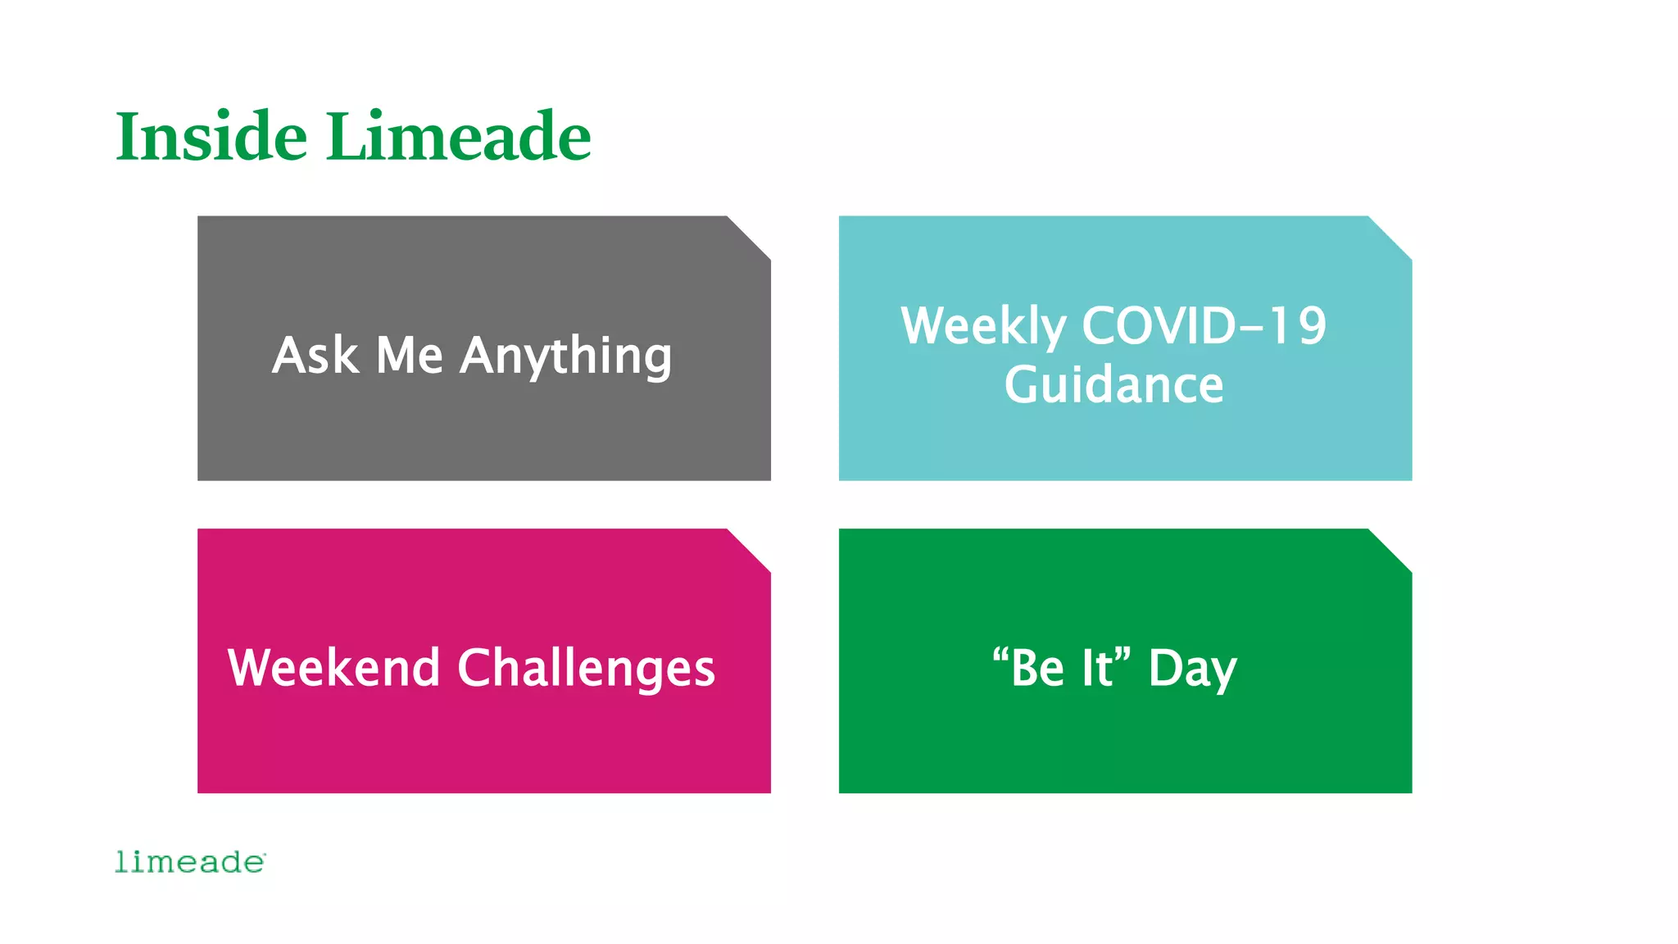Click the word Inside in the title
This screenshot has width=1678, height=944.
tap(211, 136)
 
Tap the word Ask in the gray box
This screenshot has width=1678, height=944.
tap(315, 356)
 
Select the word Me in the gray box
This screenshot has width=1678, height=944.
tap(409, 356)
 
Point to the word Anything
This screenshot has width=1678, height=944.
tap(565, 357)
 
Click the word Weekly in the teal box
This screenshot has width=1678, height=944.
tap(982, 326)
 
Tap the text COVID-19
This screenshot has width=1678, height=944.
tap(1204, 326)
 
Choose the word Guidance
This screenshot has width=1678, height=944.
tap(1113, 385)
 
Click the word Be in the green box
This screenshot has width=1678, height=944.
tap(1036, 668)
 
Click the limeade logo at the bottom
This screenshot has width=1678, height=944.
tap(190, 862)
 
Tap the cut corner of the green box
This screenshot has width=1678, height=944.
tap(1392, 548)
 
